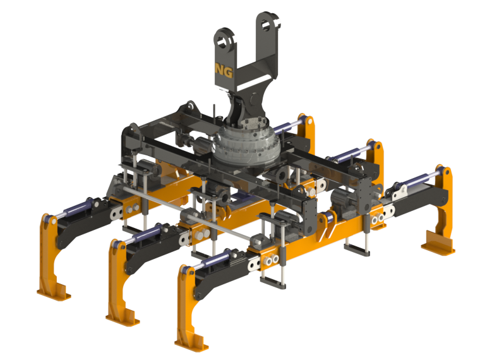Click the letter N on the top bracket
click(220, 69)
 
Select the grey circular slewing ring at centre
click(246, 144)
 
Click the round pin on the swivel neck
click(254, 100)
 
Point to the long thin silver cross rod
click(188, 213)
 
